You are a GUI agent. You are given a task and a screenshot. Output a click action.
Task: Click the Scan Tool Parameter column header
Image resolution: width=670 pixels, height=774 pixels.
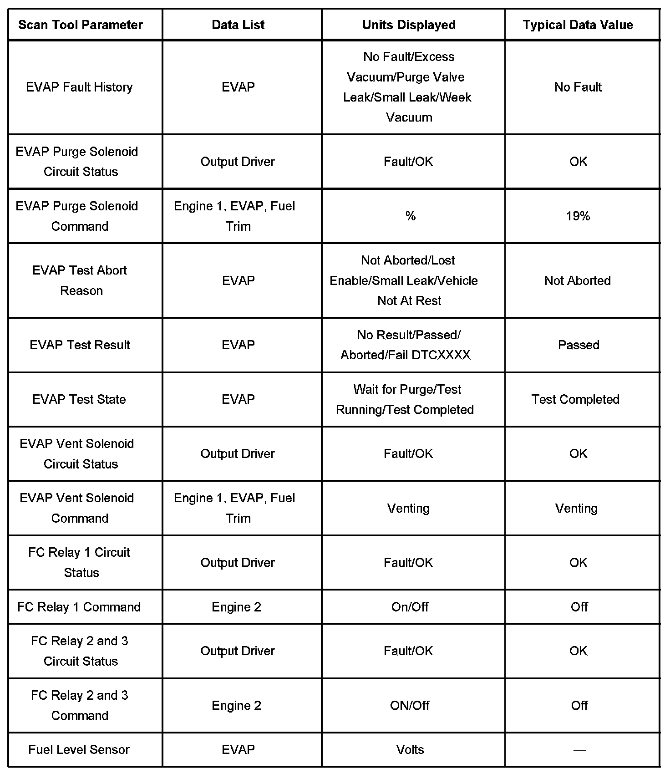[81, 25]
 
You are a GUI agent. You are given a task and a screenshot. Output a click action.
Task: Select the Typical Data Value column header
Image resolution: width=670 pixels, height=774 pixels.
[578, 25]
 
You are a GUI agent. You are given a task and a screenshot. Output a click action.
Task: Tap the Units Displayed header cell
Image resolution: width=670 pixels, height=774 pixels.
[409, 25]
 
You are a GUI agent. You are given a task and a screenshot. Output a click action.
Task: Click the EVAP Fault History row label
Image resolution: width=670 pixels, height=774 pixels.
[79, 87]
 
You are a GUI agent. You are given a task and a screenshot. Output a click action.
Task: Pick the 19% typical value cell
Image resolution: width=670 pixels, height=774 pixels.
[578, 216]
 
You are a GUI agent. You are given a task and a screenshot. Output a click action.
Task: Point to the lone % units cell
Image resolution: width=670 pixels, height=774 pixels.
[410, 216]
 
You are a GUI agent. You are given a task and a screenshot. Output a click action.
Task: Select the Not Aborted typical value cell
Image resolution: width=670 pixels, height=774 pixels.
[578, 280]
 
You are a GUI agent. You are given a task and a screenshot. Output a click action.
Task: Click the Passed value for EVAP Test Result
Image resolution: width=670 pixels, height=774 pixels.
[579, 345]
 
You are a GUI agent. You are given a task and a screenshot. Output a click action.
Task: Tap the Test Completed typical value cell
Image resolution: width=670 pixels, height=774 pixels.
[575, 399]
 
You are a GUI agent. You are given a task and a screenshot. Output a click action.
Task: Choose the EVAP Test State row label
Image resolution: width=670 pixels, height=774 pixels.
[79, 399]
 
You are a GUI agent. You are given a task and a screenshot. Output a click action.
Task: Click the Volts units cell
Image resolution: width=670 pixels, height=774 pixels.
[410, 749]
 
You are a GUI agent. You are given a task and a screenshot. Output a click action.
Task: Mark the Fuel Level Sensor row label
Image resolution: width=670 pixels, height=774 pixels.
[79, 749]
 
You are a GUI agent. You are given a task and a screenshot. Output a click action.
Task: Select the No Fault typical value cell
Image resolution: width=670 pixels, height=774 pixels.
[578, 87]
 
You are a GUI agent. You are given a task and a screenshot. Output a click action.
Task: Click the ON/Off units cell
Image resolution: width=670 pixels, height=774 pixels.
[410, 705]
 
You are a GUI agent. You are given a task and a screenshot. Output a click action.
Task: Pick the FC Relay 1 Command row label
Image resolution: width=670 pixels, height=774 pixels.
[79, 607]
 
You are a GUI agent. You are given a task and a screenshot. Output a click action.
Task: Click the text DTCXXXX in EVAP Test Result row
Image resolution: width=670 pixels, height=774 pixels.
[441, 355]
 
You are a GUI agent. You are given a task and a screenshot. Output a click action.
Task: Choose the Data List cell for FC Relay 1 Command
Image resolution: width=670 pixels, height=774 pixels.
[237, 607]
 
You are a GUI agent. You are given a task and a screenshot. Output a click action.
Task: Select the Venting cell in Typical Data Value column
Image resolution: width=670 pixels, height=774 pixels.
[576, 508]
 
